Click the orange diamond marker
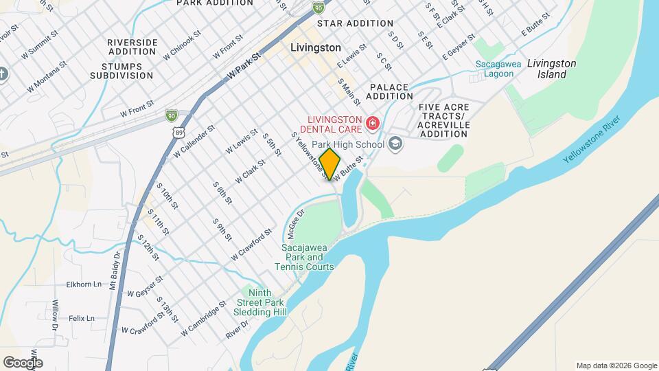[330, 164]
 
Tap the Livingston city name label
[315, 48]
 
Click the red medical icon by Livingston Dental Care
[373, 123]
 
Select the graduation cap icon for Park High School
[395, 144]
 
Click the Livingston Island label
[552, 69]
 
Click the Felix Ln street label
[81, 318]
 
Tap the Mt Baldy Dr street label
[114, 270]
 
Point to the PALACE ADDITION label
[389, 92]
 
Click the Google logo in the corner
[23, 362]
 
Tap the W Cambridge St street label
[203, 319]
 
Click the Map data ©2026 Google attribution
[615, 366]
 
